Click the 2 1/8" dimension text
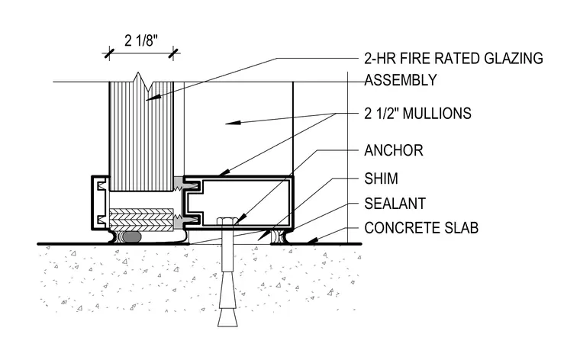coord(141,40)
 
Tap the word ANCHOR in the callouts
coord(394,150)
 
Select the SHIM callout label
coord(381,178)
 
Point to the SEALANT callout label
coord(395,204)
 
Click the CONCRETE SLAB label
coord(421,228)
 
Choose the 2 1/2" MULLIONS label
coord(417,113)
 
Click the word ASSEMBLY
coord(401,80)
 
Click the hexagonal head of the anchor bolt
coord(226,221)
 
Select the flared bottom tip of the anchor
coord(227,318)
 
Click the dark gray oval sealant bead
coord(132,237)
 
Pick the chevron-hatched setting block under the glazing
coord(141,220)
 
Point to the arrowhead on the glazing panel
coord(153,98)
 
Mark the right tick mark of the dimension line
coord(173,54)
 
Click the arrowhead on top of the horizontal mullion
coord(224,172)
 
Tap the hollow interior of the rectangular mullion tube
coord(245,202)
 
